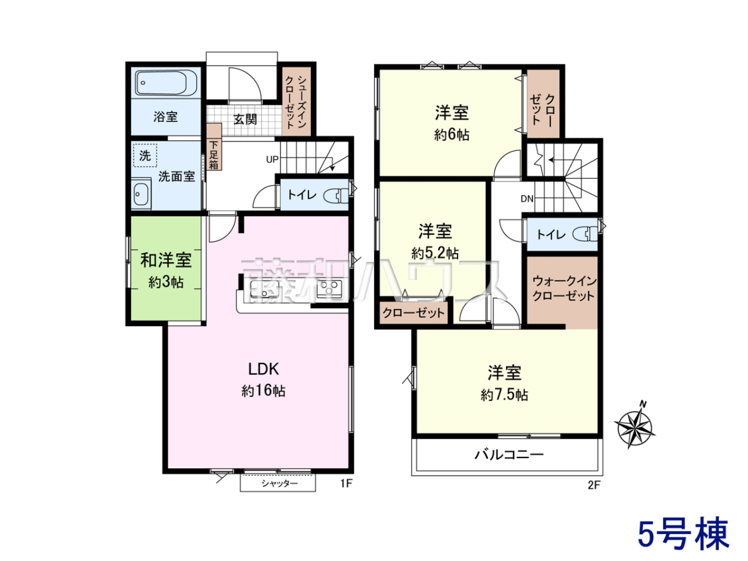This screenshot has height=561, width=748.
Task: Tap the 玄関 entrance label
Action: (245, 119)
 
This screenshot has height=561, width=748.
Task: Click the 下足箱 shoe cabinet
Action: (214, 147)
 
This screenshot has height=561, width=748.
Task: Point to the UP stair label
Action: (272, 160)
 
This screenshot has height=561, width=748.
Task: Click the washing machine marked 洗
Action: (145, 156)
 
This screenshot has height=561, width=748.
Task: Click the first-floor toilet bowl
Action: (336, 196)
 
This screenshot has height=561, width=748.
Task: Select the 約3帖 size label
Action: (166, 282)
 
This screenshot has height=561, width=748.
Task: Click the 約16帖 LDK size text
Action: (264, 391)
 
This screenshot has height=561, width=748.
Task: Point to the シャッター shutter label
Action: (279, 483)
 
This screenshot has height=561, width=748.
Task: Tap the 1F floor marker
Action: (346, 483)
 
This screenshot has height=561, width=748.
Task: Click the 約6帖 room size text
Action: (451, 135)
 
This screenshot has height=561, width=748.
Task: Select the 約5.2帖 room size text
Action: (435, 253)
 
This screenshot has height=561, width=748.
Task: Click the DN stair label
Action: (527, 199)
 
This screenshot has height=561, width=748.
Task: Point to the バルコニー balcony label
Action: (509, 454)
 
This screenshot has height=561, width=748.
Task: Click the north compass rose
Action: (635, 427)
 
